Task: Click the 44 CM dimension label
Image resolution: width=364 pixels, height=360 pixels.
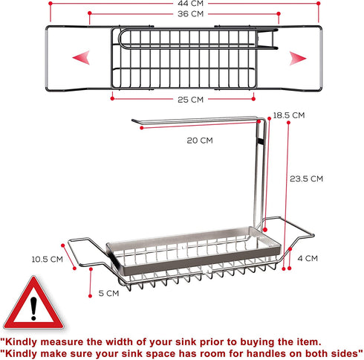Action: (x=190, y=4)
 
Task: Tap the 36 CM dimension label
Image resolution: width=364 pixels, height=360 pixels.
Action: (x=190, y=14)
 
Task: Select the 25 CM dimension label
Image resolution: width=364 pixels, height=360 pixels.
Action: (x=190, y=100)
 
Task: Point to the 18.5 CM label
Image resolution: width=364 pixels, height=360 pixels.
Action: (x=289, y=115)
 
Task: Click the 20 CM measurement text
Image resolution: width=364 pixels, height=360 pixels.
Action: (x=200, y=141)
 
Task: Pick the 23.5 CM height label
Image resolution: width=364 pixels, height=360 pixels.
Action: (x=306, y=179)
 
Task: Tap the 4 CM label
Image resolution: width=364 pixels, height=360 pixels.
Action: (x=308, y=258)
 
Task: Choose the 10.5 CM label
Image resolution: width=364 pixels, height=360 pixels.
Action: (x=48, y=260)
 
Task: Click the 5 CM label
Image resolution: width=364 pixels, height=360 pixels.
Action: (x=108, y=293)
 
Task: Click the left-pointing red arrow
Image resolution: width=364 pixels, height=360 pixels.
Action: (x=82, y=58)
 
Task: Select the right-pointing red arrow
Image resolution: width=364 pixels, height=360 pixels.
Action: (x=298, y=59)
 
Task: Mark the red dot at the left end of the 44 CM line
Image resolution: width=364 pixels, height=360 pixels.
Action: (x=51, y=4)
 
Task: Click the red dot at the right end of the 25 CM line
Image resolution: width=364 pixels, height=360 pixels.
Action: (x=253, y=99)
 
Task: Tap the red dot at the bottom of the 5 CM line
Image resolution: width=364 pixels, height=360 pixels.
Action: (x=91, y=296)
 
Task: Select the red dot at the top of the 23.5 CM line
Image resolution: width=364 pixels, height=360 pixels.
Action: (x=288, y=123)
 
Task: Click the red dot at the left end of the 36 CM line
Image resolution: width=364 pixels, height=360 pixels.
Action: (x=90, y=13)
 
